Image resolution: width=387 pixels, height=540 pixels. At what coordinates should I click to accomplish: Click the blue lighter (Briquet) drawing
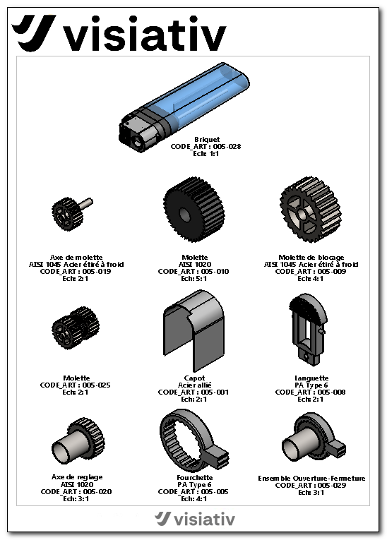click(x=184, y=107)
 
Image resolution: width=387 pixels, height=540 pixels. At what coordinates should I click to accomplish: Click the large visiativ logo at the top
click(x=119, y=33)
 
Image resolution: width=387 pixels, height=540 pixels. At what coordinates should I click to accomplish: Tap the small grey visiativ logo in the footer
click(x=195, y=519)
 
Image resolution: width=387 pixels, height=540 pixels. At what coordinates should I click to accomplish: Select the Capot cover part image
click(x=194, y=330)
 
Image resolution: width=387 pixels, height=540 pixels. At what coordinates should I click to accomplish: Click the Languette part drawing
click(x=308, y=330)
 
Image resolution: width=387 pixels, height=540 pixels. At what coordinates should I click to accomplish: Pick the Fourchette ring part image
click(x=194, y=439)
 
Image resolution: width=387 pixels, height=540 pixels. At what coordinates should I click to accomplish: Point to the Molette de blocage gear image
click(x=310, y=209)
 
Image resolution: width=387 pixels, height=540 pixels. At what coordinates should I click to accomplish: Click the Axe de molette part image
click(x=71, y=213)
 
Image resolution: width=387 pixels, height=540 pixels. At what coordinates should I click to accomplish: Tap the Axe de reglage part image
click(x=78, y=440)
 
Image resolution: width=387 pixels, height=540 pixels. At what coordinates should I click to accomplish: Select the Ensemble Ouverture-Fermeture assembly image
click(x=314, y=438)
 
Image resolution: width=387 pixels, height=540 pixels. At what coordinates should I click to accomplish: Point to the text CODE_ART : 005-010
click(x=194, y=271)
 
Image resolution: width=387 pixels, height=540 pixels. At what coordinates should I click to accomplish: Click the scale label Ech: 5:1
click(x=194, y=279)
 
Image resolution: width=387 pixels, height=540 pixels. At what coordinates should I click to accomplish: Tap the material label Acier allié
click(x=194, y=385)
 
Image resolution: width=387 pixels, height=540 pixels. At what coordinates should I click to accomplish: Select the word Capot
click(x=194, y=378)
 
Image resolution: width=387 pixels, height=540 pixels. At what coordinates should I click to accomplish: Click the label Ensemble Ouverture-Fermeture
click(x=311, y=478)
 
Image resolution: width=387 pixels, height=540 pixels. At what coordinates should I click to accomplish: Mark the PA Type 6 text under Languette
click(x=311, y=385)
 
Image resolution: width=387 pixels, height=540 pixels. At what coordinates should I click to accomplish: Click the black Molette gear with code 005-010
click(x=194, y=209)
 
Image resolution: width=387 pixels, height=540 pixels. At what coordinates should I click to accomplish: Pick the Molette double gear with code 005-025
click(x=76, y=328)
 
